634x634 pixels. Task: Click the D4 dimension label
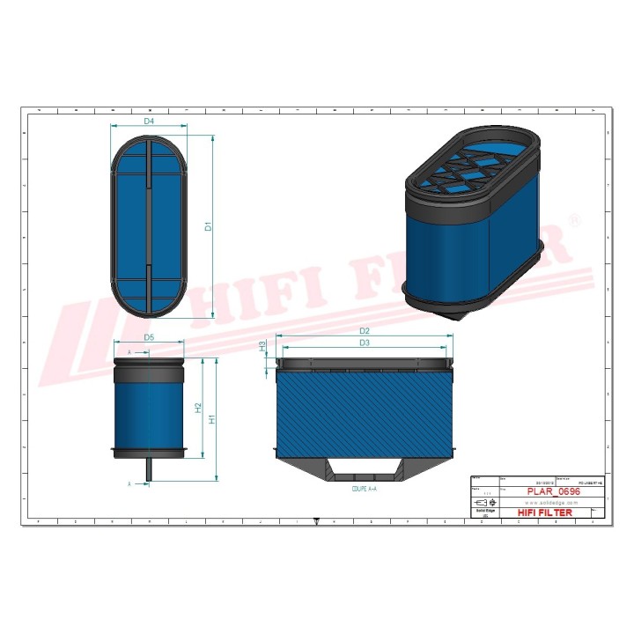(x=149, y=120)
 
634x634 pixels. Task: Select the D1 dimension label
(x=208, y=226)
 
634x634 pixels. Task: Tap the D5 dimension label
(x=149, y=338)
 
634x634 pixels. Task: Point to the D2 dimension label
(x=364, y=331)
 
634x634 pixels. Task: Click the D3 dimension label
(x=364, y=343)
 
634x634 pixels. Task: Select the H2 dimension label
(x=199, y=408)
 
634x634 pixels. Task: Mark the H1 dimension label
(x=212, y=420)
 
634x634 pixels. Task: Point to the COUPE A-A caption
(x=364, y=487)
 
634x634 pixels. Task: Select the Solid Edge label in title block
(x=484, y=512)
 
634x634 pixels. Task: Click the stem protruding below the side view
(x=149, y=470)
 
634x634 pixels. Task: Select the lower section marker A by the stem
(x=129, y=483)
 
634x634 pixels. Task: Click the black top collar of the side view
(x=149, y=360)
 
